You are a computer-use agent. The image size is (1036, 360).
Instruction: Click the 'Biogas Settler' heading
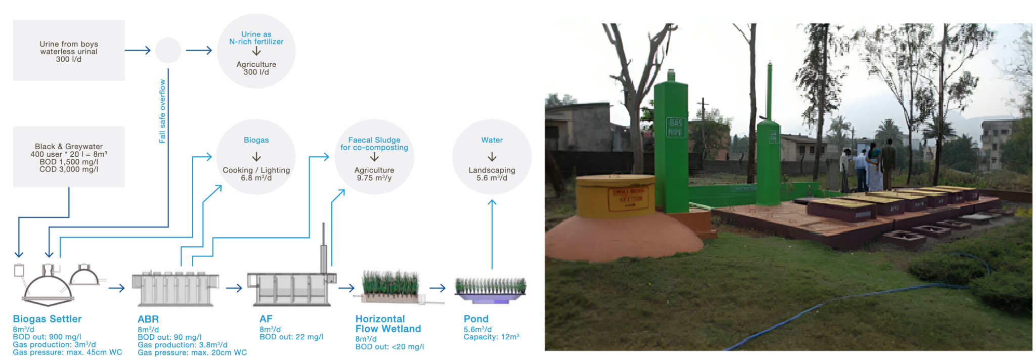[x=47, y=319]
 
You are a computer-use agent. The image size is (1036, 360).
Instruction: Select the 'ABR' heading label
[x=148, y=320]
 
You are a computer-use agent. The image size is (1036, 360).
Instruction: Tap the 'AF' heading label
[x=266, y=319]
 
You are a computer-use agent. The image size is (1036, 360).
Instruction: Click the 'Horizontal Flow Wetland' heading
[x=388, y=324]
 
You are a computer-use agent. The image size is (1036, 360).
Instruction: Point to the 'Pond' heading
[x=476, y=319]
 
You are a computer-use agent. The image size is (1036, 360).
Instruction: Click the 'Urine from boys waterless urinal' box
[x=69, y=51]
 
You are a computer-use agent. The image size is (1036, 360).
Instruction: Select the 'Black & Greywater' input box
[x=69, y=157]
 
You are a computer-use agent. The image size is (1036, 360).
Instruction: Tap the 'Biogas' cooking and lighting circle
[x=256, y=157]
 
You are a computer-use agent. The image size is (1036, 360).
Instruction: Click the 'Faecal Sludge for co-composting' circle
[x=374, y=157]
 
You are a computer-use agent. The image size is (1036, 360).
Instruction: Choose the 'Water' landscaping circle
[x=492, y=157]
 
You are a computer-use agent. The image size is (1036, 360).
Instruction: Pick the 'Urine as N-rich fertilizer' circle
[x=256, y=51]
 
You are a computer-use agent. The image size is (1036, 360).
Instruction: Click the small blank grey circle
[x=168, y=50]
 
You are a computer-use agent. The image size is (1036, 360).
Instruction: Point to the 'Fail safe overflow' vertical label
[x=162, y=111]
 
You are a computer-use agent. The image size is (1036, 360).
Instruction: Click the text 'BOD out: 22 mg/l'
[x=291, y=337]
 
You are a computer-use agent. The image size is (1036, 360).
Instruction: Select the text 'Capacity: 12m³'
[x=491, y=337]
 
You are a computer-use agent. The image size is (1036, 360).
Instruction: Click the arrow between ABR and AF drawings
[x=234, y=288]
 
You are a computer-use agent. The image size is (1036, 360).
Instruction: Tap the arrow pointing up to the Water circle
[x=492, y=233]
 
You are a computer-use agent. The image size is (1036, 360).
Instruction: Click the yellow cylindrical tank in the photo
[x=615, y=196]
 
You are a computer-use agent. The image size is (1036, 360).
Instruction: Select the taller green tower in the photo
[x=671, y=142]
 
